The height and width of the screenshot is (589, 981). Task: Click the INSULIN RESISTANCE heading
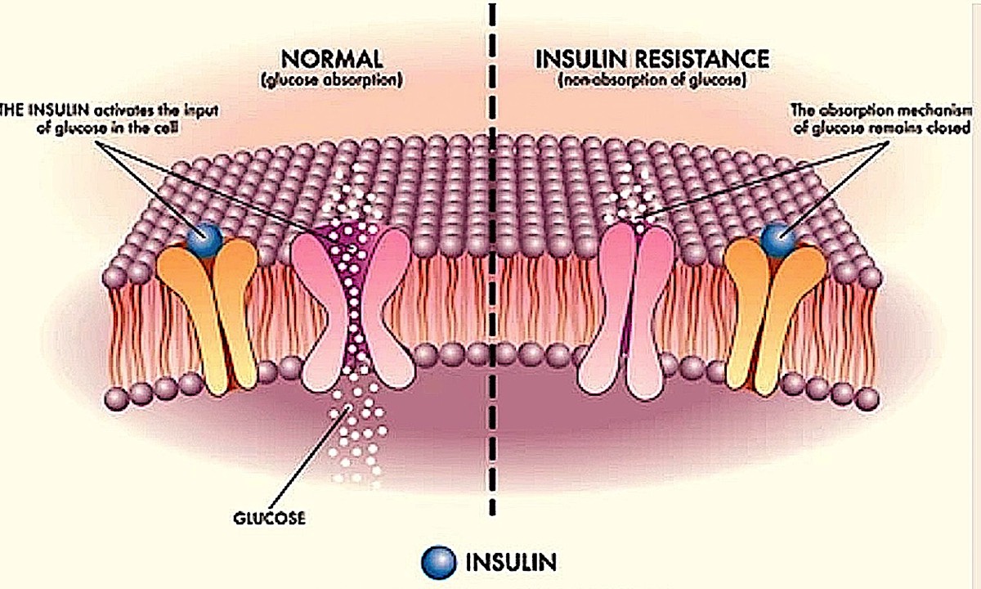(x=652, y=60)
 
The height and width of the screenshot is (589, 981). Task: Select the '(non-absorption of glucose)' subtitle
(x=651, y=80)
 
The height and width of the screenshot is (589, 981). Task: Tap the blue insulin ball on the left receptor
(x=202, y=239)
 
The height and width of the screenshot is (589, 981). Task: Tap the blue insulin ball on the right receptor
(x=777, y=238)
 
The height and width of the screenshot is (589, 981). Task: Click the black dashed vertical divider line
(x=492, y=327)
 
